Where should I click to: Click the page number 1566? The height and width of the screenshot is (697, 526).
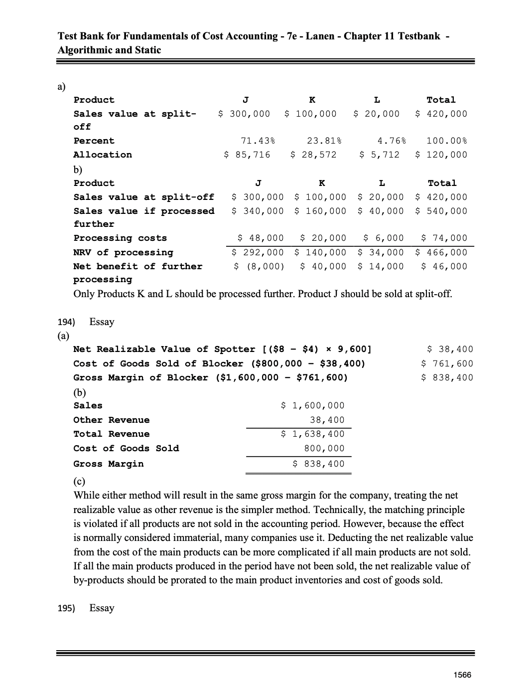pos(463,675)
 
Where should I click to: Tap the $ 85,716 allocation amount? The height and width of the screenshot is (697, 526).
pos(247,155)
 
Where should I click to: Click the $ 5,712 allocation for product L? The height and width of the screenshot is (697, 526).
pos(380,155)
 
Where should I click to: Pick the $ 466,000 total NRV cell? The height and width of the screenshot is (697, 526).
pos(441,252)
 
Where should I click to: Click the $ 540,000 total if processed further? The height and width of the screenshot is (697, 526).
pos(441,211)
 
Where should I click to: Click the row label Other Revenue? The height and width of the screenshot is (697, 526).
pos(112,420)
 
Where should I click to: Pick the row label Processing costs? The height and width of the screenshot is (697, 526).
pos(120,238)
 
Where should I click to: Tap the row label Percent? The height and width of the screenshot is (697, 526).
pos(94,141)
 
